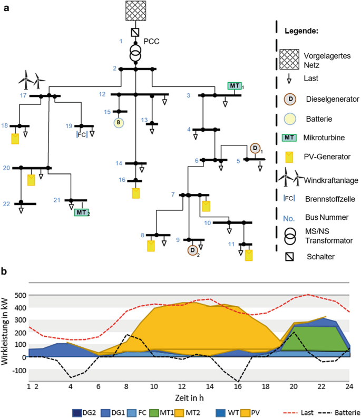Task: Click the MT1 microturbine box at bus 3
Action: coord(234,86)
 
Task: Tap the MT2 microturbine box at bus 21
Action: coord(81,212)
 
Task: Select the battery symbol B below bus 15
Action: coord(120,123)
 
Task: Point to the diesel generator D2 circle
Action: coord(193,250)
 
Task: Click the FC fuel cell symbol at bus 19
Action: coord(82,134)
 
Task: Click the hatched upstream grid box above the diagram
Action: coord(136,11)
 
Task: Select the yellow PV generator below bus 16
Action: coord(136,192)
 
